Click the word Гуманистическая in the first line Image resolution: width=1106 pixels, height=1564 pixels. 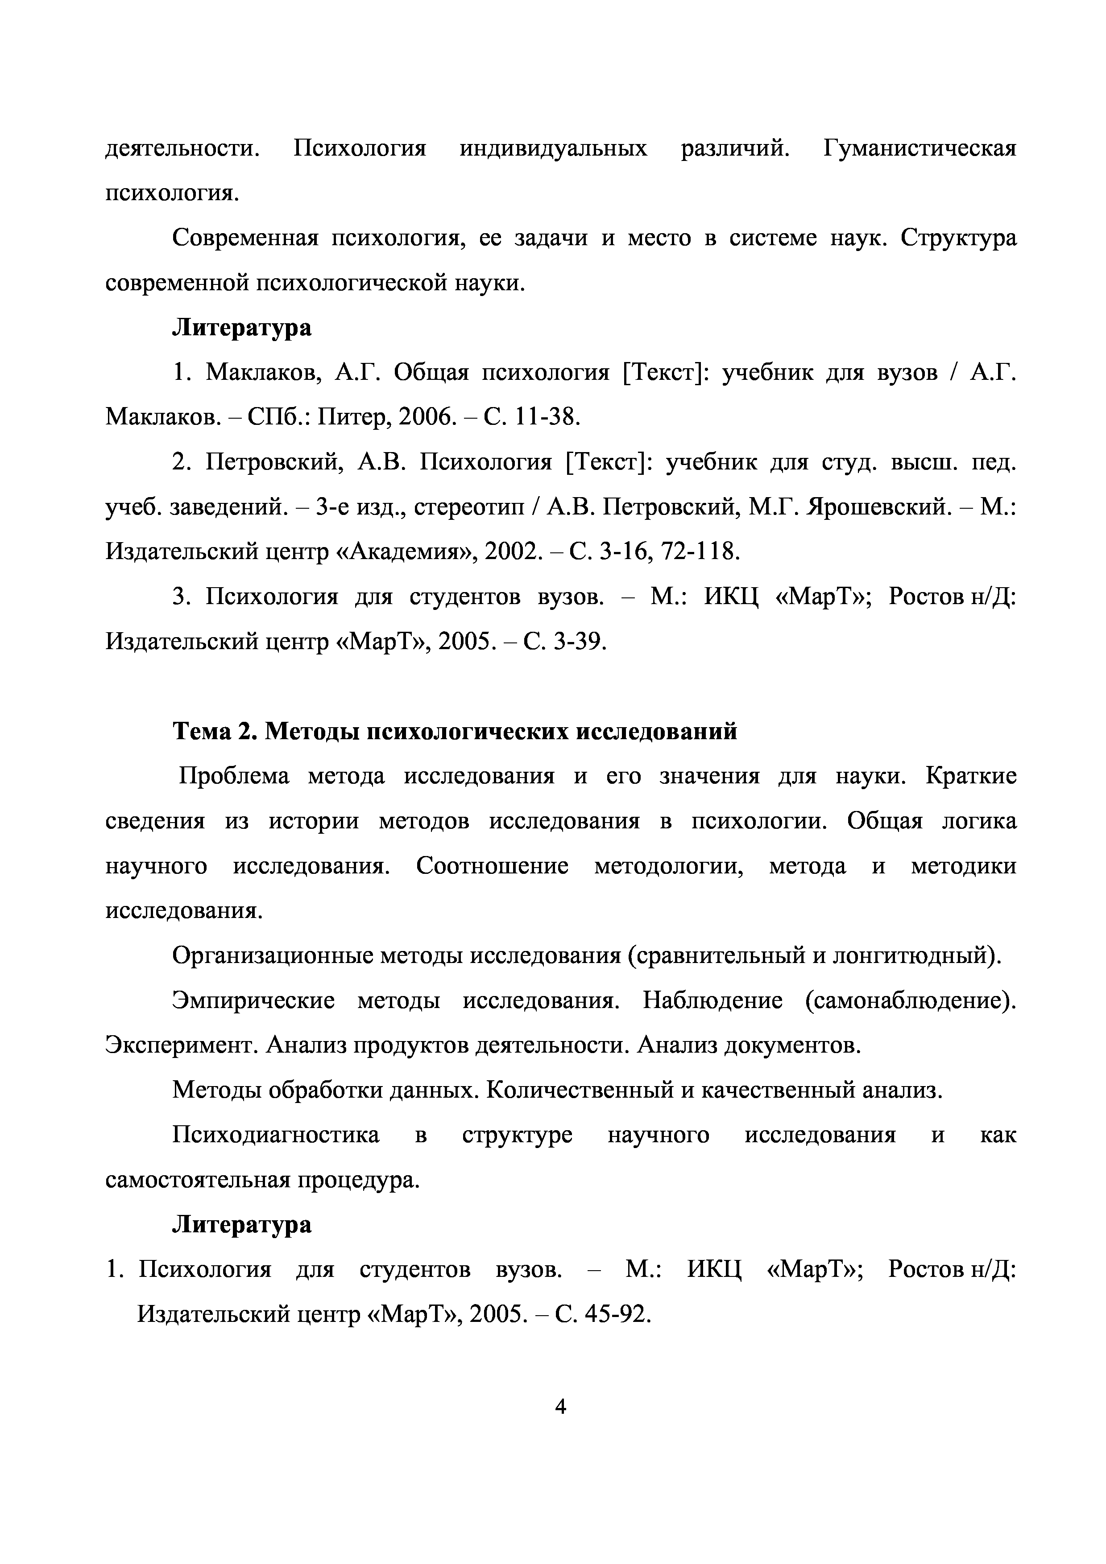pos(919,148)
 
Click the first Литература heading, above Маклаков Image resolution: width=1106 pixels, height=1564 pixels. pos(241,328)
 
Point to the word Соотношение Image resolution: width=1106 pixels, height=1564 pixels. pos(492,866)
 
